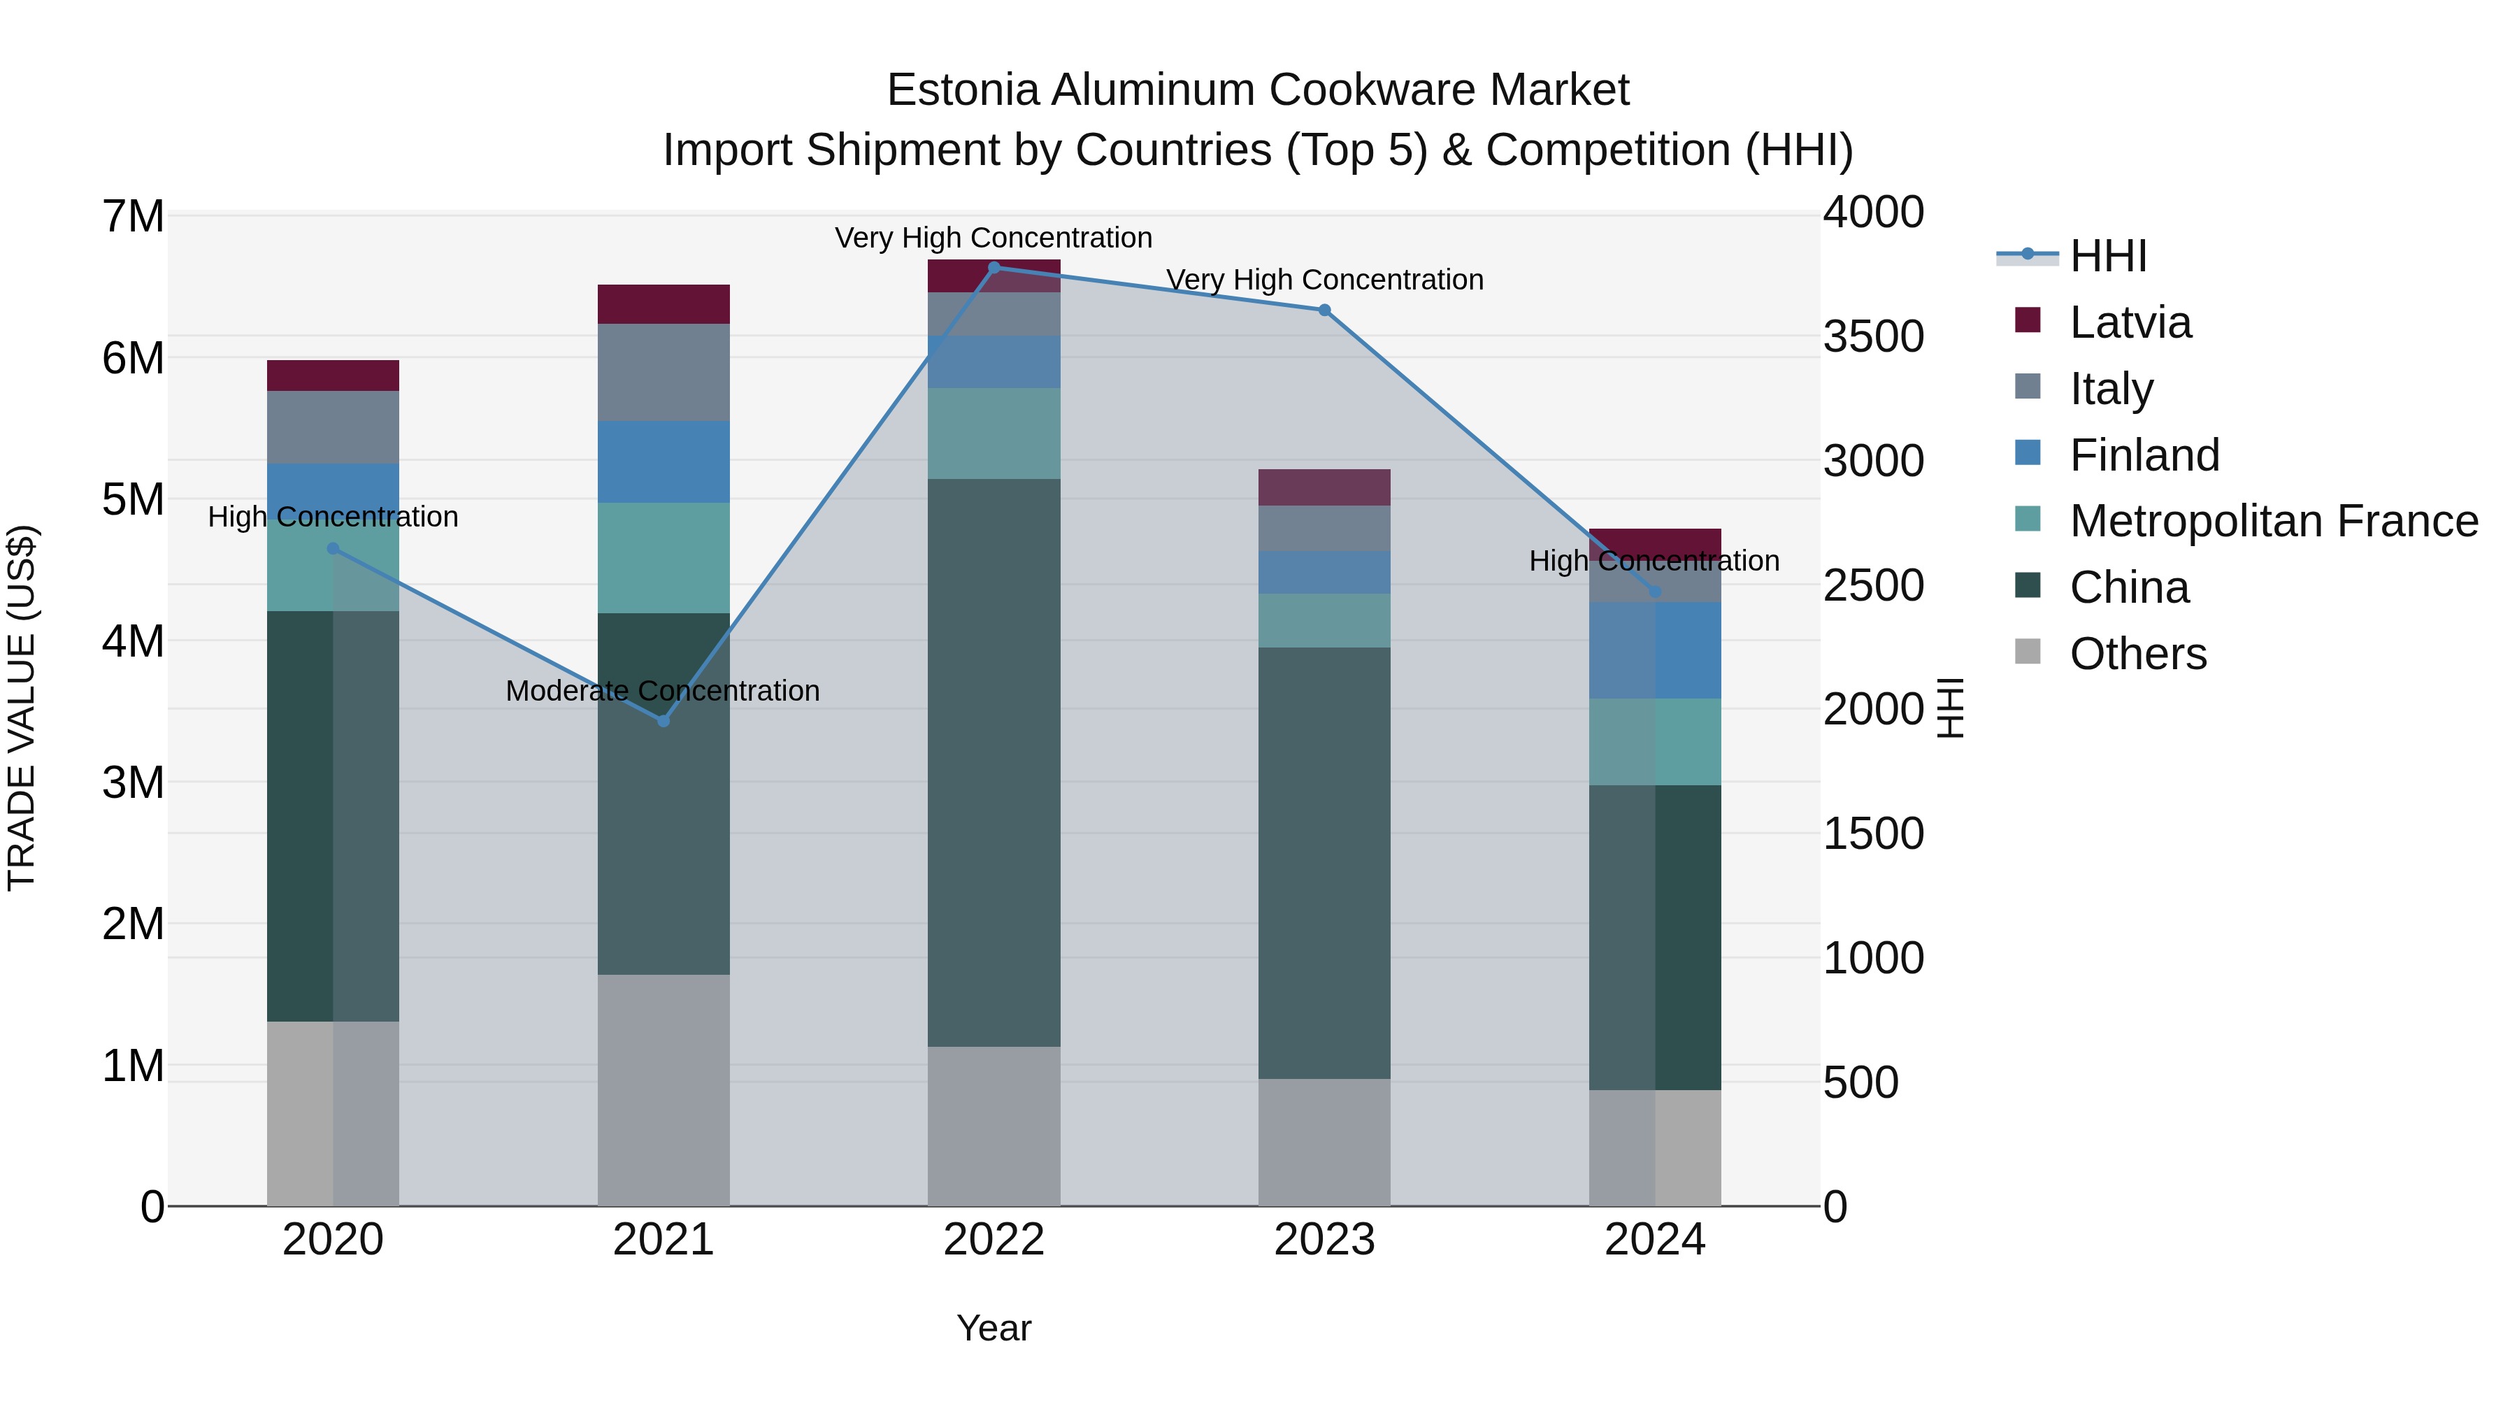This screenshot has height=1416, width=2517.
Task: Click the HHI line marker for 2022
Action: coord(994,267)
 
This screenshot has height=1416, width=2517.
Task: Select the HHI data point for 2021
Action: coord(664,721)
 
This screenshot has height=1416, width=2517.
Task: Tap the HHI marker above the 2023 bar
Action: coord(1324,310)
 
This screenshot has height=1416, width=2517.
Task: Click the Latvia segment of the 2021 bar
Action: coord(664,304)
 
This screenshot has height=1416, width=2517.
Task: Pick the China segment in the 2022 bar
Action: coord(994,762)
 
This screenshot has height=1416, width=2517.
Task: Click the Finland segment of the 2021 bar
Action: coord(664,462)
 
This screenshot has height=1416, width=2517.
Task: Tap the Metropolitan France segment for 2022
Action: coord(994,433)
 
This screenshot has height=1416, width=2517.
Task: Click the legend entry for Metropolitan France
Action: coord(2273,521)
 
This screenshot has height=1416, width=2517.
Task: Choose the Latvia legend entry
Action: coord(2130,322)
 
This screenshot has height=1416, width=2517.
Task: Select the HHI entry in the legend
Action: coord(2107,256)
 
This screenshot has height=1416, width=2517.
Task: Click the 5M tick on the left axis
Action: coord(134,499)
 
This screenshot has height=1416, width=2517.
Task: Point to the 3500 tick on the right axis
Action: coord(1873,336)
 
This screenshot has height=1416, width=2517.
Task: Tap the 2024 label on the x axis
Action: coord(1654,1240)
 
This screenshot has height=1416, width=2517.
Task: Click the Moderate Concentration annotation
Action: coord(663,691)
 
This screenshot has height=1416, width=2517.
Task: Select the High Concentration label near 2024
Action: coord(1654,561)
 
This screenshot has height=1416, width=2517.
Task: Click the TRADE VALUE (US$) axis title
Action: coord(22,708)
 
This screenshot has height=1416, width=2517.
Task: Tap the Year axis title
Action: coord(994,1328)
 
